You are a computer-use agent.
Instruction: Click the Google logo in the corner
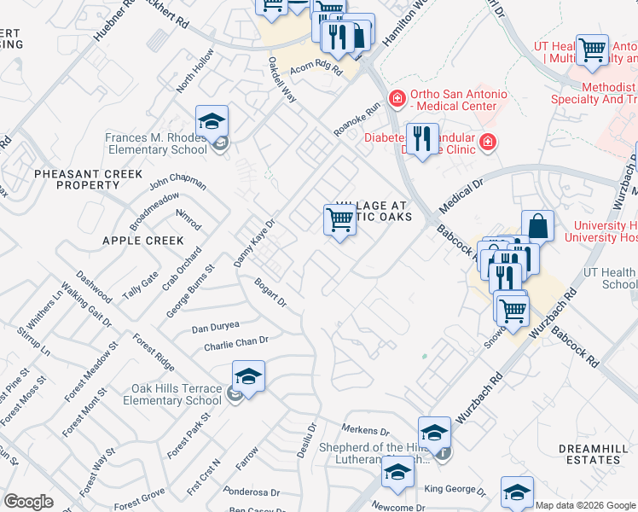(29, 502)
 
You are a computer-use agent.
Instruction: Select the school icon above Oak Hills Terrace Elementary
(248, 376)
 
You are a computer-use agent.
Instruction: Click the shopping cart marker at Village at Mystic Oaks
(339, 220)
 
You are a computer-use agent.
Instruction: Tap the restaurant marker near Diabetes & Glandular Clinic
(421, 138)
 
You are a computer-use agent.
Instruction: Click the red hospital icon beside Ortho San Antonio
(396, 100)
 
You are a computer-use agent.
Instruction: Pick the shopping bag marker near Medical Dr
(537, 227)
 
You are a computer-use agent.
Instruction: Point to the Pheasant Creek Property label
(89, 179)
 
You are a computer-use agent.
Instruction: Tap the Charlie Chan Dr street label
(236, 343)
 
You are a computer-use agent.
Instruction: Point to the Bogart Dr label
(269, 295)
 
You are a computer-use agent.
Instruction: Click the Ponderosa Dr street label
(251, 492)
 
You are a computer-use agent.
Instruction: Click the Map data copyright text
(585, 505)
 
